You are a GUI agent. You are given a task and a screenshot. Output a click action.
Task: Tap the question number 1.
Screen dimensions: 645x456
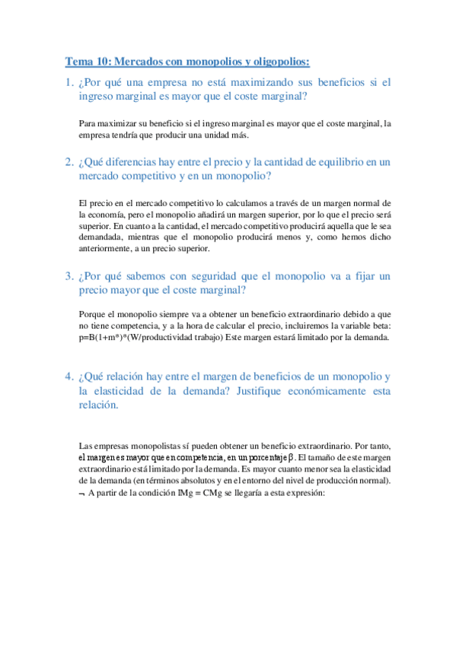[x=69, y=82]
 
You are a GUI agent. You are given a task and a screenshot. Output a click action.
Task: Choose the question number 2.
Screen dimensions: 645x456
[x=69, y=162]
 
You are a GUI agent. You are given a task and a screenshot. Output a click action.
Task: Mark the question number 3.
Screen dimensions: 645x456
[x=69, y=275]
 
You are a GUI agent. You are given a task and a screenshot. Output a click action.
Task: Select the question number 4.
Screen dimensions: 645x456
[x=69, y=377]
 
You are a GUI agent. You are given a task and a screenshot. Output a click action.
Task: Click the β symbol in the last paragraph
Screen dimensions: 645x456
[x=292, y=458]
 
